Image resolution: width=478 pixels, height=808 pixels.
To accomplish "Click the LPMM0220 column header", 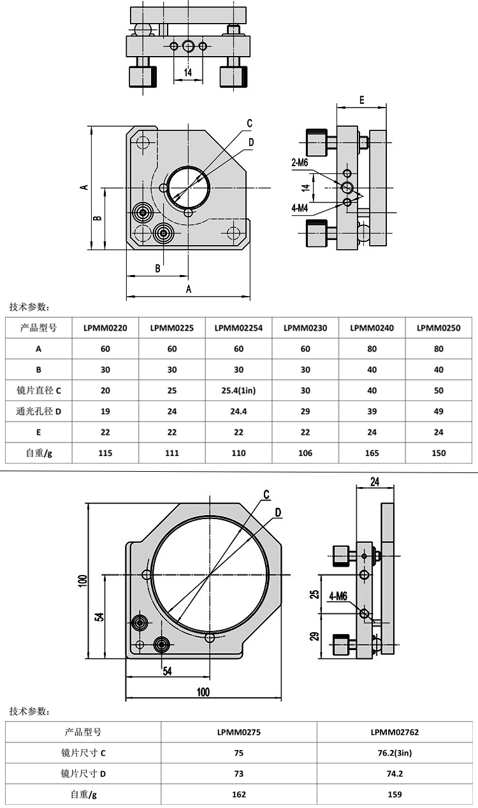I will (x=105, y=328).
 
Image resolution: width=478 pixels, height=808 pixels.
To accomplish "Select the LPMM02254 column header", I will (x=238, y=328).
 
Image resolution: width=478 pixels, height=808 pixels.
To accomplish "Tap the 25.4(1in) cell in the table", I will (x=238, y=390).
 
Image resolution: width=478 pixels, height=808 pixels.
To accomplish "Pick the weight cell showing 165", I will (x=372, y=453).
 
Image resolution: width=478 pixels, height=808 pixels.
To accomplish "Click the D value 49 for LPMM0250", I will (x=438, y=411).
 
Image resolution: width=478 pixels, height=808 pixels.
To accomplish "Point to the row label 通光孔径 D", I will (x=38, y=411).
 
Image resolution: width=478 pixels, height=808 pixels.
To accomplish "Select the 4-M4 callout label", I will (x=300, y=208).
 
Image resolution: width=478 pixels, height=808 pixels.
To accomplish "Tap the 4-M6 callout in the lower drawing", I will (x=338, y=597).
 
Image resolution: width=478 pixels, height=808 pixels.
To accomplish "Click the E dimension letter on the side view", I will (x=361, y=99).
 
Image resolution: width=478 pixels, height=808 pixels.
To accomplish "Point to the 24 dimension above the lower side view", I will (x=375, y=482).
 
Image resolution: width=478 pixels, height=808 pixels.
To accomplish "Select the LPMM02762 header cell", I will (x=395, y=732).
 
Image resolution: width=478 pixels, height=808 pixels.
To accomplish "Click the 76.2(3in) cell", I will (x=395, y=753).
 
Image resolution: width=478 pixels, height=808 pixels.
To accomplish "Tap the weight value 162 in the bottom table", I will (x=239, y=795).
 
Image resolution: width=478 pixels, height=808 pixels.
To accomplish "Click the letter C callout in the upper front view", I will (x=250, y=123).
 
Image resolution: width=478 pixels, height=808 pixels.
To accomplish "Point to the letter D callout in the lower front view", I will (x=279, y=513).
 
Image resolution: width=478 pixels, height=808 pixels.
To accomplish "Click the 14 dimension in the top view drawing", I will (x=188, y=73).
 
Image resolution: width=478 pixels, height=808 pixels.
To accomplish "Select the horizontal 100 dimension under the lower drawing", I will (x=203, y=691).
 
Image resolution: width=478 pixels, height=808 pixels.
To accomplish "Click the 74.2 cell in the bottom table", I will (x=395, y=774).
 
